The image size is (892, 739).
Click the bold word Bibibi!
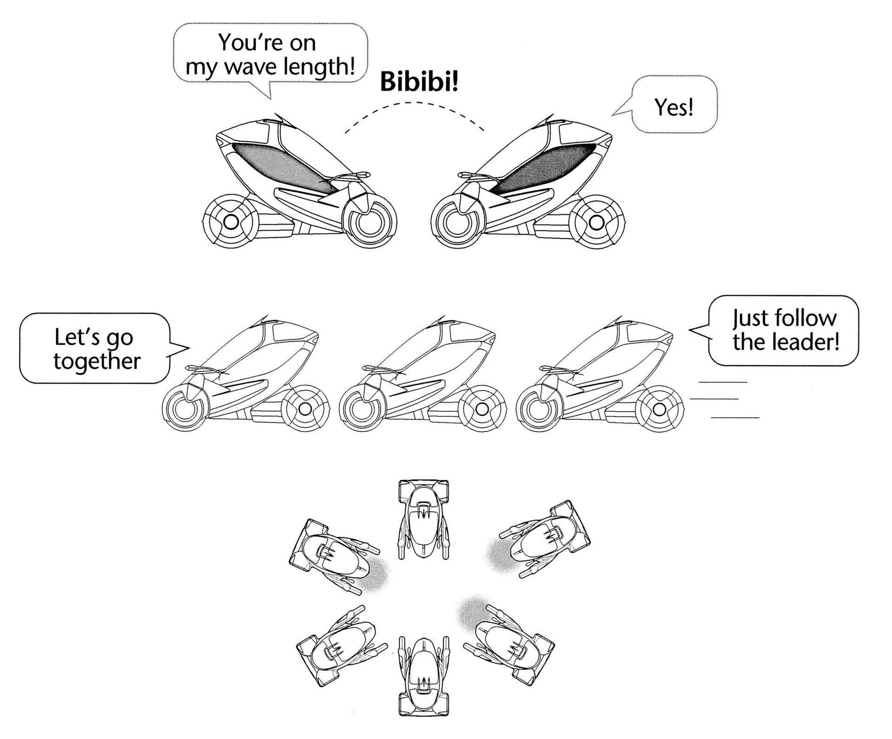pyautogui.click(x=419, y=82)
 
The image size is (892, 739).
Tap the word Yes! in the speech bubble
pyautogui.click(x=674, y=108)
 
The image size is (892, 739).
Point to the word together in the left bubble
pyautogui.click(x=97, y=361)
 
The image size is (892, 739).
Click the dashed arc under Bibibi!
pyautogui.click(x=414, y=104)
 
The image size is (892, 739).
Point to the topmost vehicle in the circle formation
pyautogui.click(x=423, y=519)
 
